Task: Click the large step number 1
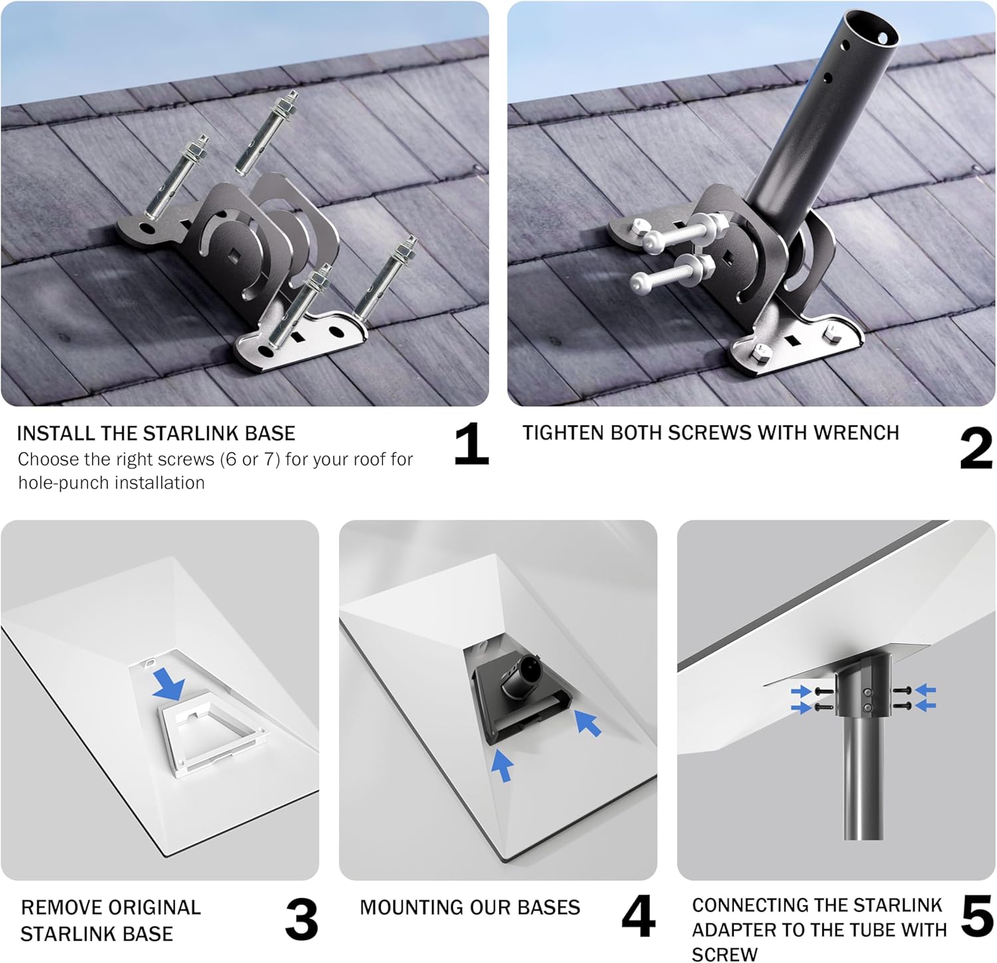(x=472, y=443)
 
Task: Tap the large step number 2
(x=976, y=449)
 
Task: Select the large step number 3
(x=302, y=919)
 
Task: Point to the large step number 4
(x=639, y=916)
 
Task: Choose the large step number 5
(x=977, y=916)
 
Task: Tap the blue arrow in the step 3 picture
(x=169, y=685)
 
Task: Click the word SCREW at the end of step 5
(x=724, y=954)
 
